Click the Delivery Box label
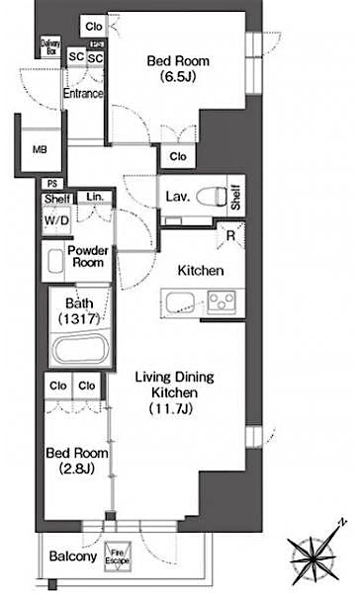tap(50, 45)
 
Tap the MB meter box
tap(40, 150)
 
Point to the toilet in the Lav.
tap(208, 195)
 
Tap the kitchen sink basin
tap(183, 301)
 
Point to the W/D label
tap(55, 219)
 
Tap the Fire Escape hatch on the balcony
tap(118, 558)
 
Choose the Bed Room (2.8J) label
tap(70, 462)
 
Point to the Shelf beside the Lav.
tap(236, 196)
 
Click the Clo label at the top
tap(95, 27)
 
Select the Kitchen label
tap(201, 270)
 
